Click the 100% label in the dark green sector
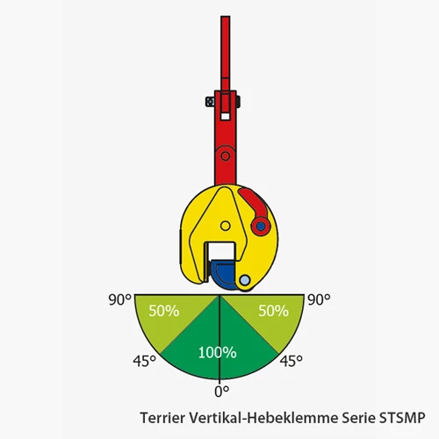[218, 352]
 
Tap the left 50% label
[164, 311]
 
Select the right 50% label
[274, 311]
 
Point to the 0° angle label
[221, 392]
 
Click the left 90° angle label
[120, 299]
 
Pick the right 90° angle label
[319, 299]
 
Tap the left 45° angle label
[145, 361]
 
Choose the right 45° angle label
[291, 361]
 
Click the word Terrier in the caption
[162, 418]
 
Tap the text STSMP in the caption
[402, 418]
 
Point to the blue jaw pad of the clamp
[225, 274]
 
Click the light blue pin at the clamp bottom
[245, 280]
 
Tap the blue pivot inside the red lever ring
[261, 226]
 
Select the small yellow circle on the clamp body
[225, 226]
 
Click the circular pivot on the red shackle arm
[225, 156]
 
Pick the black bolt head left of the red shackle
[210, 102]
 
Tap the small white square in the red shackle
[225, 117]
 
